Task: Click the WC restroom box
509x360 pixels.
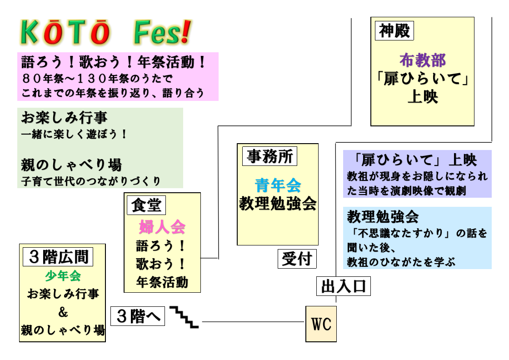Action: (321, 324)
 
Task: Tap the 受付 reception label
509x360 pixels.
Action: (297, 259)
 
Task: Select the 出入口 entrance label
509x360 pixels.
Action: (343, 286)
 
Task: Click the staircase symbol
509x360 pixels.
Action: (184, 317)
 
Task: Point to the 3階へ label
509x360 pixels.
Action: (138, 316)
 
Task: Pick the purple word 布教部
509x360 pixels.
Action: (422, 60)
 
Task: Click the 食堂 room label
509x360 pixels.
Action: (146, 205)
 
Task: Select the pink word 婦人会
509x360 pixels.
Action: (162, 226)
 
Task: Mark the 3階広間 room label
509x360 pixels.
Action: (58, 257)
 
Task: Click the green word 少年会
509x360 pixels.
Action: (63, 276)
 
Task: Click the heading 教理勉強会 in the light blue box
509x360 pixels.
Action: (383, 217)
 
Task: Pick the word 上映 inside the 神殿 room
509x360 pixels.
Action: (422, 97)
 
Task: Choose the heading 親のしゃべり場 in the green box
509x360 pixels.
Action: (71, 165)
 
